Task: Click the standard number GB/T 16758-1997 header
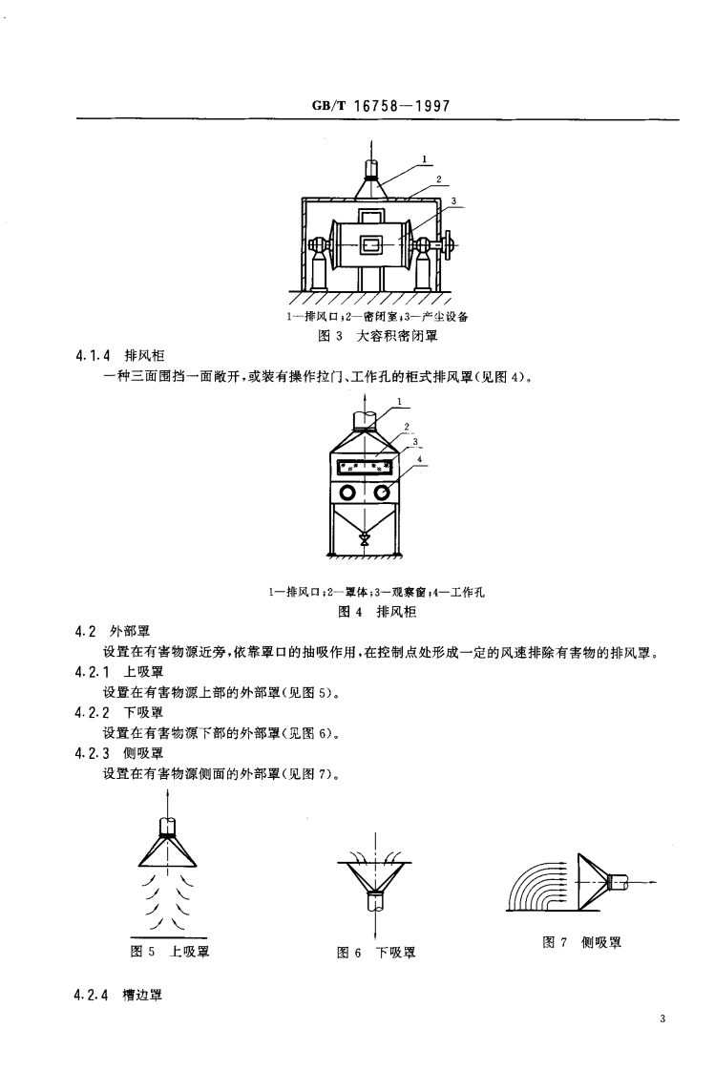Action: click(x=380, y=106)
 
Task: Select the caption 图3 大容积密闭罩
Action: click(x=375, y=336)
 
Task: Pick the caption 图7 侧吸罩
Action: click(x=581, y=942)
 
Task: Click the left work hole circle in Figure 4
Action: click(x=347, y=493)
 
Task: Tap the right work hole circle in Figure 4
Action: click(x=382, y=493)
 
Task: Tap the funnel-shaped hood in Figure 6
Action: click(x=376, y=876)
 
